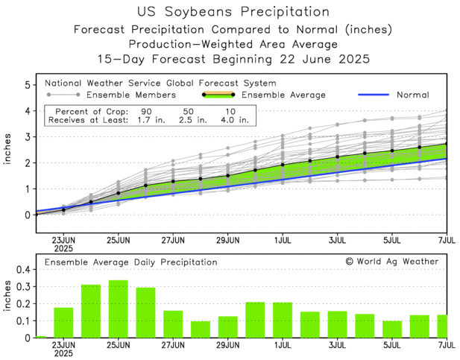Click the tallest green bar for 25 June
118,309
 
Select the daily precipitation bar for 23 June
63,323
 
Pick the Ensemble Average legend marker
218,95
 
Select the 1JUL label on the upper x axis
282,241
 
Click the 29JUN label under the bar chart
227,347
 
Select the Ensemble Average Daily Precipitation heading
130,262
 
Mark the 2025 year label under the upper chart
63,250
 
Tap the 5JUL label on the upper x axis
391,241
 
